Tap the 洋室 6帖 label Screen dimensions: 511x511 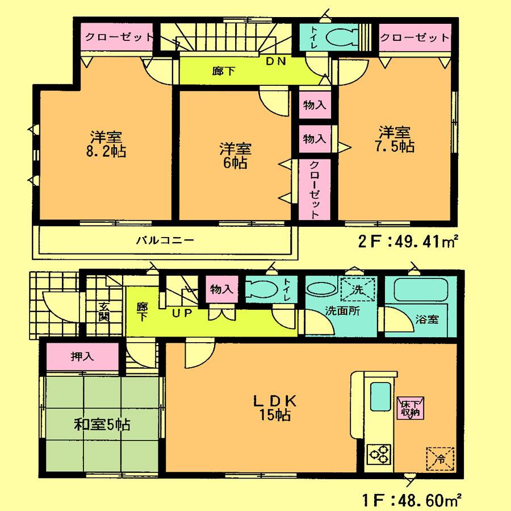(235, 155)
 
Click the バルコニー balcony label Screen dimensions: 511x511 (165, 240)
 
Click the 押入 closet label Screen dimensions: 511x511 (82, 357)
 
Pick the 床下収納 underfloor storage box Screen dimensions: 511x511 (409, 408)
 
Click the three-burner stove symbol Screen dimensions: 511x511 (379, 454)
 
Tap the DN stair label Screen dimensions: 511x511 (277, 61)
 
